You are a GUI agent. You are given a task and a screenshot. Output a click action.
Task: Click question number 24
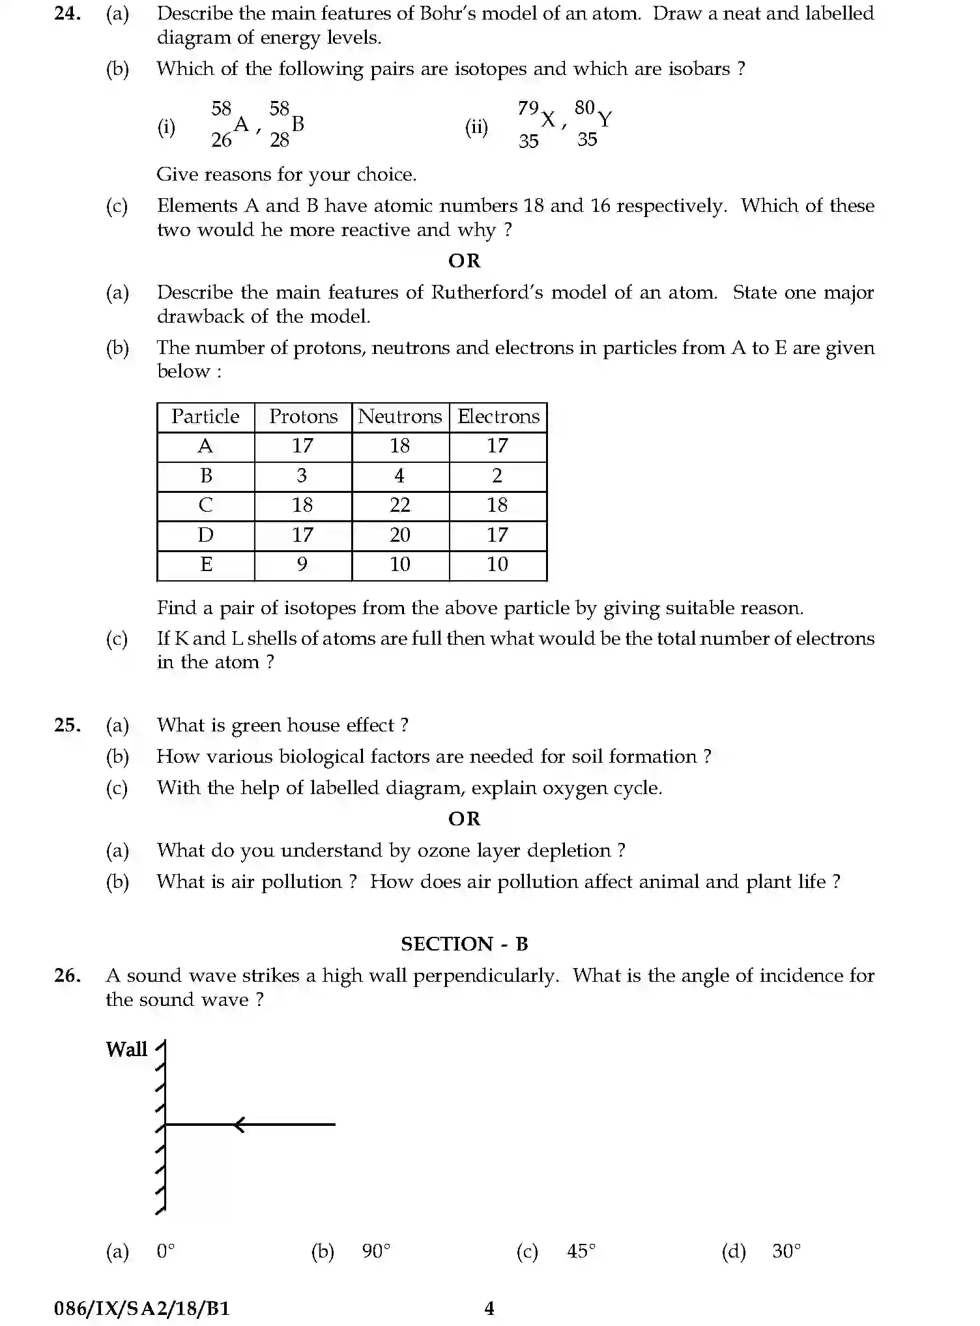[x=67, y=14]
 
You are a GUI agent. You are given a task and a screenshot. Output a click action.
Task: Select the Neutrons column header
[x=400, y=417]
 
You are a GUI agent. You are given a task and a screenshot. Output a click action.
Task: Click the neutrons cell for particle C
[x=400, y=505]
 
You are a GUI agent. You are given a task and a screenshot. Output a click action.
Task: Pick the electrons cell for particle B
[x=497, y=476]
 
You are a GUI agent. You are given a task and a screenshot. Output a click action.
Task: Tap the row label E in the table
[x=206, y=565]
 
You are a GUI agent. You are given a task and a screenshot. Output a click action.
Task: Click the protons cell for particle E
[x=302, y=565]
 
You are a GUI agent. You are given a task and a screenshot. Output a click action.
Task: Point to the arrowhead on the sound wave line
[x=239, y=1125]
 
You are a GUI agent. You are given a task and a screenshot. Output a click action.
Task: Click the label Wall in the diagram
[x=126, y=1050]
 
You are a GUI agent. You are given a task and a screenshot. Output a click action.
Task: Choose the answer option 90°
[x=376, y=1251]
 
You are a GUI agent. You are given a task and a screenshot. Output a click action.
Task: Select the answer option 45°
[x=581, y=1251]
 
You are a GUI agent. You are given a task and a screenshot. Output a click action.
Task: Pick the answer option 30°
[x=786, y=1251]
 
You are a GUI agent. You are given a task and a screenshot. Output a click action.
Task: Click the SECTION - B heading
[x=464, y=944]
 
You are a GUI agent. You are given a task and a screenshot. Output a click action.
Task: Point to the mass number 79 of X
[x=528, y=108]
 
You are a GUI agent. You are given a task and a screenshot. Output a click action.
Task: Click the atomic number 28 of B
[x=280, y=140]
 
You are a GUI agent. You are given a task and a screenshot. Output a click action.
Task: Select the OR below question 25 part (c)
[x=464, y=819]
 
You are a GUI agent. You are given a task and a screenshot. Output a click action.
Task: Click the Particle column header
[x=205, y=417]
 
